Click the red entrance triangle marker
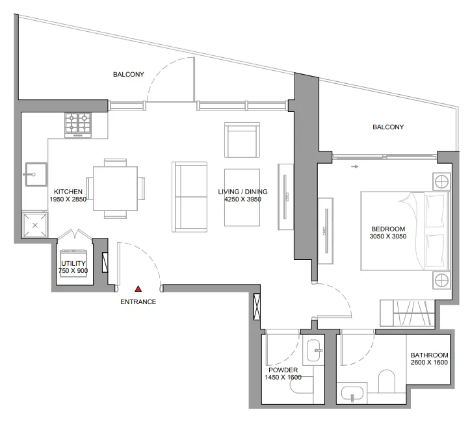[138, 288]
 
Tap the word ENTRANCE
[138, 301]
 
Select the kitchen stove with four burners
[78, 125]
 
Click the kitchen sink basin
[36, 174]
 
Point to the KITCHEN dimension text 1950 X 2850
[68, 199]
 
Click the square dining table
[116, 188]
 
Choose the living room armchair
[242, 140]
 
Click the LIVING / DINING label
[242, 192]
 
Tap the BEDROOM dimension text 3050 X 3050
[388, 236]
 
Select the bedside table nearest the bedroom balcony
[441, 181]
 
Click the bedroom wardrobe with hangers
[408, 313]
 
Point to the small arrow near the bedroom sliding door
[355, 166]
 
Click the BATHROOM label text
[429, 355]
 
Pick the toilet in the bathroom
[387, 381]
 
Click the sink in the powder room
[314, 350]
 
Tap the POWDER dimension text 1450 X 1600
[283, 377]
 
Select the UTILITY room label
[73, 263]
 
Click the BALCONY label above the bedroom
[388, 127]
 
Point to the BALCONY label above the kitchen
[129, 74]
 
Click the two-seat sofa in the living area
[189, 197]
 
